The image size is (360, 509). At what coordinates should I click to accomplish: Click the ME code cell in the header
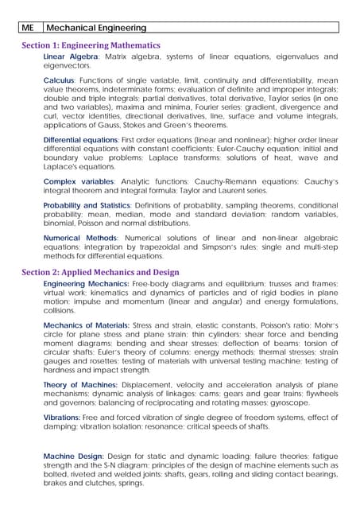click(30, 28)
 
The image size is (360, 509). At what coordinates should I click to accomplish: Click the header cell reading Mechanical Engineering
click(98, 28)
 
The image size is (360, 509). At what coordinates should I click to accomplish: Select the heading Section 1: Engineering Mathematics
click(91, 45)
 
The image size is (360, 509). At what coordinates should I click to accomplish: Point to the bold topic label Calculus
click(59, 80)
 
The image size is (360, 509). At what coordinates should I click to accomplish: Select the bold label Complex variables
click(78, 182)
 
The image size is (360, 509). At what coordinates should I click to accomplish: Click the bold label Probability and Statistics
click(87, 205)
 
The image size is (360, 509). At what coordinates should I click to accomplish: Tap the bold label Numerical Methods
click(79, 238)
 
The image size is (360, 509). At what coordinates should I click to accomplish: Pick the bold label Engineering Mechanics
click(87, 284)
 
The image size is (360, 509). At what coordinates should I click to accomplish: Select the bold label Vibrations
click(63, 418)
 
